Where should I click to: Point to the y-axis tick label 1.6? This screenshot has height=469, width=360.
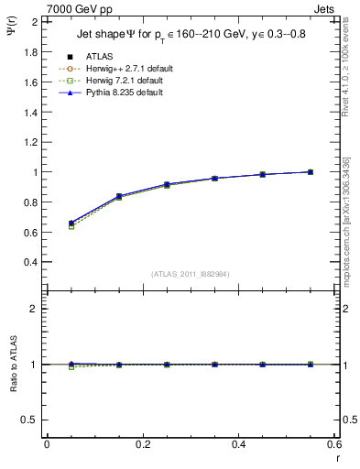tap(30, 82)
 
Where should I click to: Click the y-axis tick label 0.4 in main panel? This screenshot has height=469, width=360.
tap(30, 261)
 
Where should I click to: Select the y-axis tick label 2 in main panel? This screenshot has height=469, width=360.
tap(35, 21)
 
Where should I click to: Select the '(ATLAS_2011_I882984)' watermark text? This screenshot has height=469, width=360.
tap(190, 273)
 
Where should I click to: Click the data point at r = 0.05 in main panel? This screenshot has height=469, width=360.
tap(71, 223)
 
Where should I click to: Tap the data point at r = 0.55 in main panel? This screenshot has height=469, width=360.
tap(310, 171)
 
